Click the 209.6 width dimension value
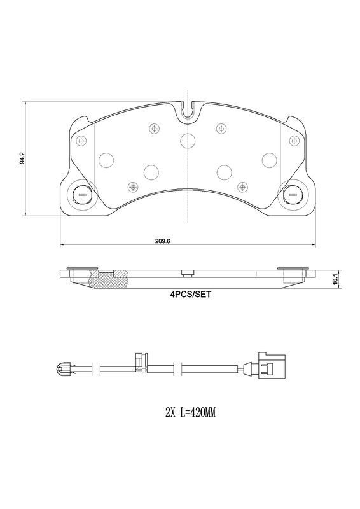(163, 241)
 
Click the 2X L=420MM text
(191, 413)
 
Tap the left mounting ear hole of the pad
(81, 195)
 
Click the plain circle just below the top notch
(188, 141)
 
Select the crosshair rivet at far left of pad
(81, 141)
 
